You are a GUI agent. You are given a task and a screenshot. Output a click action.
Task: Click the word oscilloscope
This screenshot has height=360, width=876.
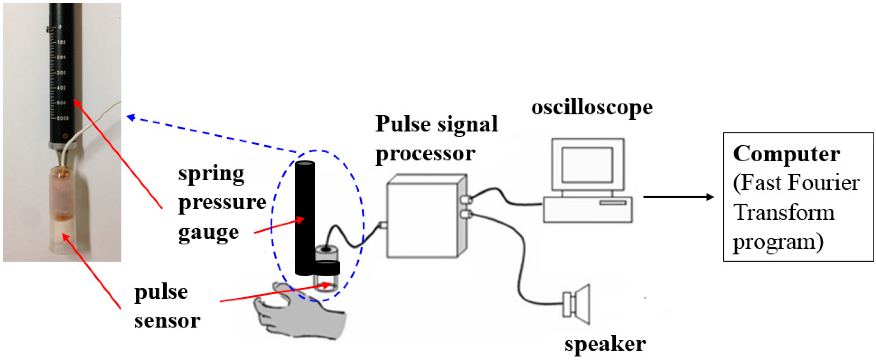[592, 108]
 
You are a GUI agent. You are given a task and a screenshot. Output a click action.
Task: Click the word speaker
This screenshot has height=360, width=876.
[605, 344]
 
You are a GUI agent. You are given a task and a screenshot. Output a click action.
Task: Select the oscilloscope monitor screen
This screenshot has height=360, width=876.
[587, 165]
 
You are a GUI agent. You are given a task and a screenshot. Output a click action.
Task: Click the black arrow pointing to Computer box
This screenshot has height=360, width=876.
[678, 197]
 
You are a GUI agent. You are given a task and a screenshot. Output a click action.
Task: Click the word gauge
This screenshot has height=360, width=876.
[209, 233]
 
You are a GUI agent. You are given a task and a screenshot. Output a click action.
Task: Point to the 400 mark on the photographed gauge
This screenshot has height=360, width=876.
[61, 88]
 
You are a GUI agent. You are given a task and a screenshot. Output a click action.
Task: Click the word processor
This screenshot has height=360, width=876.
[425, 154]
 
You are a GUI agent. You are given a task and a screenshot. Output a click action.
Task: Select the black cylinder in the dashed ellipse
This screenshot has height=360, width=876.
[305, 218]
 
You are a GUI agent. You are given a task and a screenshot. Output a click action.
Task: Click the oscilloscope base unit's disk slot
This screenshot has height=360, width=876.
[612, 203]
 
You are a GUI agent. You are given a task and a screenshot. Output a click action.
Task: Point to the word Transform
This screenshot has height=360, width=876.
[784, 212]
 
